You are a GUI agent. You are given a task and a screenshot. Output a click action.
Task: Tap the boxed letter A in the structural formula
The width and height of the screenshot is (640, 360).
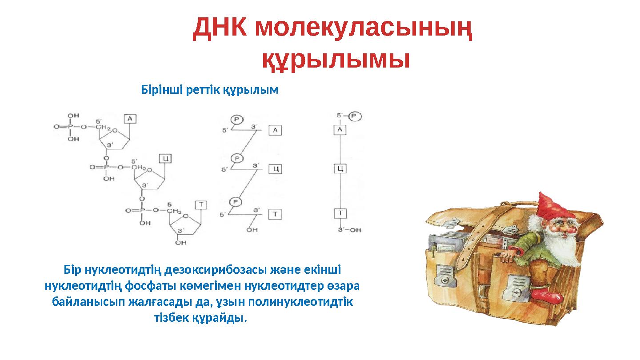[x=129, y=118]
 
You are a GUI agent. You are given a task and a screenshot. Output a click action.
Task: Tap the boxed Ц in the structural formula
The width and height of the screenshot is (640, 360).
[x=165, y=158]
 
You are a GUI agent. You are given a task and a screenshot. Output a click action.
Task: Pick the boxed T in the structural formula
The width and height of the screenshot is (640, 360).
[x=201, y=204]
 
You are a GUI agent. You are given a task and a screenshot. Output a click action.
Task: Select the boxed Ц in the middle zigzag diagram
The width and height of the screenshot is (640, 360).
[x=276, y=169]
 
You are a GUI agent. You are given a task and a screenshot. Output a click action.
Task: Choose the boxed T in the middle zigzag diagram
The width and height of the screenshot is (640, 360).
[x=276, y=214]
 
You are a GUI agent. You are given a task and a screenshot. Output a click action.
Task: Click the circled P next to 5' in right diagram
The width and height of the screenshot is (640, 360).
[x=355, y=116]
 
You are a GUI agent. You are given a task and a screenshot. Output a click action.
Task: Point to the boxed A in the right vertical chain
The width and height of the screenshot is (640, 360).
[x=340, y=129]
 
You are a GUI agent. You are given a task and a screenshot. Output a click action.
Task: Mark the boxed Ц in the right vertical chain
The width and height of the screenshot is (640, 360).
[x=340, y=168]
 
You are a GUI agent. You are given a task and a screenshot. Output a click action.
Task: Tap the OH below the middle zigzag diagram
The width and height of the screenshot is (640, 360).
[x=252, y=230]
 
